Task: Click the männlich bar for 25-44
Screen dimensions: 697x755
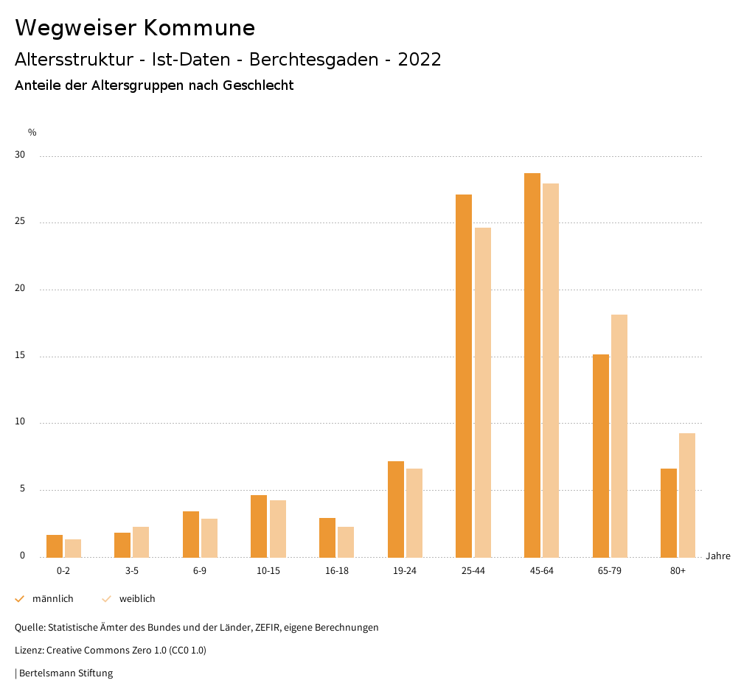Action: (464, 376)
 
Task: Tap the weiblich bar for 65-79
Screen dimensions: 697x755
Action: (619, 435)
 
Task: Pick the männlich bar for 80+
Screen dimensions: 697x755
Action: (669, 513)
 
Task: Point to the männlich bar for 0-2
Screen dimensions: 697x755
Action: (55, 546)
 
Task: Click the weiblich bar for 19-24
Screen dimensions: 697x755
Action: (414, 513)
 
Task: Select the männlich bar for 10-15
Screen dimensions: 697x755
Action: (259, 526)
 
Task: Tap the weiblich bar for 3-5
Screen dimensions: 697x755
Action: (141, 542)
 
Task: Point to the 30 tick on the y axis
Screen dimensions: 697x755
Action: (20, 155)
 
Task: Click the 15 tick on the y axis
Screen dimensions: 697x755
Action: (20, 356)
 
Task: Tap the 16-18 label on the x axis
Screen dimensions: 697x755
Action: (336, 571)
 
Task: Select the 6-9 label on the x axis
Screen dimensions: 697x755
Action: (200, 571)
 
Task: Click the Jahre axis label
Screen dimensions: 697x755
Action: (718, 556)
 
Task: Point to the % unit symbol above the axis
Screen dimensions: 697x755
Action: (32, 133)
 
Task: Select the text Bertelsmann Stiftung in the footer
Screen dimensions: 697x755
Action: (66, 673)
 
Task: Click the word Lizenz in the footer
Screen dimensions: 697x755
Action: (29, 651)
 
